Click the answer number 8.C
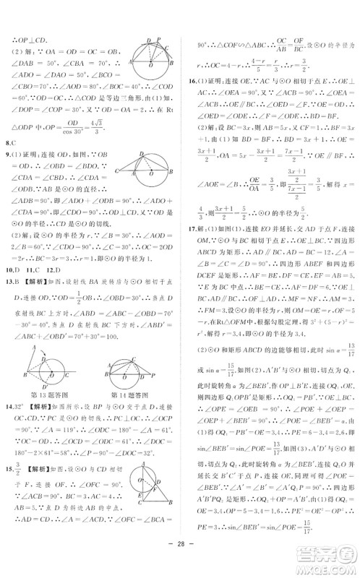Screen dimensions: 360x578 click(9, 144)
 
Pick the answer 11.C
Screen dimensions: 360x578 click(33, 269)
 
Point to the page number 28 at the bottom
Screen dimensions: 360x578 click(179, 566)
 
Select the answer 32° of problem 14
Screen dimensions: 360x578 click(22, 405)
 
